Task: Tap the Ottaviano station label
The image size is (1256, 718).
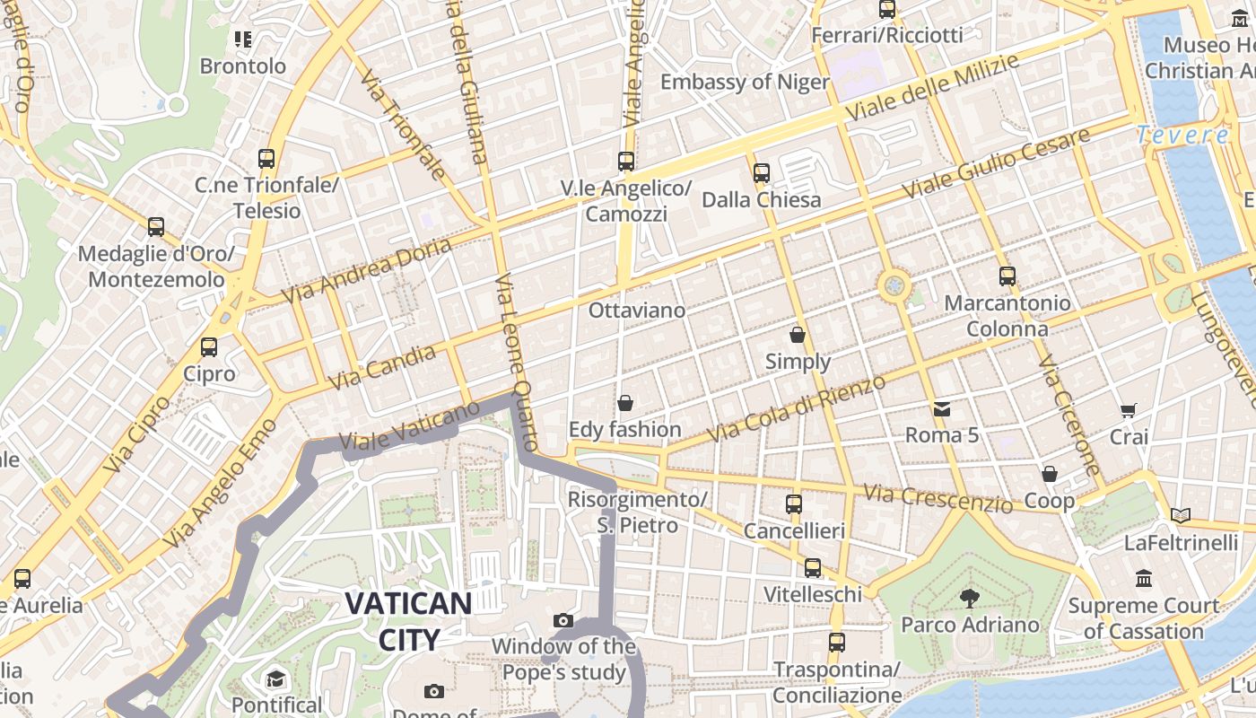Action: [x=637, y=311]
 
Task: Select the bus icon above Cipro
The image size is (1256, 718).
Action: [x=209, y=346]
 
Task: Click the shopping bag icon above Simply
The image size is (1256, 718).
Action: [x=798, y=336]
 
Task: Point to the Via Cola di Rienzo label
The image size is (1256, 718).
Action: [x=798, y=408]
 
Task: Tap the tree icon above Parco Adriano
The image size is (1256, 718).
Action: [x=969, y=598]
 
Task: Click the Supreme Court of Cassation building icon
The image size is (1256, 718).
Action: [x=1143, y=579]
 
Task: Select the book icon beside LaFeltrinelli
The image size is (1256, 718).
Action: [x=1181, y=515]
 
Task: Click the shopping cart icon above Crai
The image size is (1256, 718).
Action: [x=1129, y=411]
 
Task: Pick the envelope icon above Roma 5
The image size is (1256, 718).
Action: [x=941, y=409]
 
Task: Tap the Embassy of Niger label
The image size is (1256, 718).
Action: [x=745, y=82]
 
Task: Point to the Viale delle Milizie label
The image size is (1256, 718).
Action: [x=933, y=88]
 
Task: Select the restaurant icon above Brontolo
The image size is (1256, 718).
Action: [x=243, y=39]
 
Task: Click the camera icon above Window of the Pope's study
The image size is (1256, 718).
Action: [x=563, y=620]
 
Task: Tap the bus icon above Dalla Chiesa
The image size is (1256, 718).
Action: [x=762, y=172]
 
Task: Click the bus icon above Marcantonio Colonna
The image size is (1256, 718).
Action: [x=1007, y=276]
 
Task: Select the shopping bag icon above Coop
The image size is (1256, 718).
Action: [x=1049, y=474]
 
